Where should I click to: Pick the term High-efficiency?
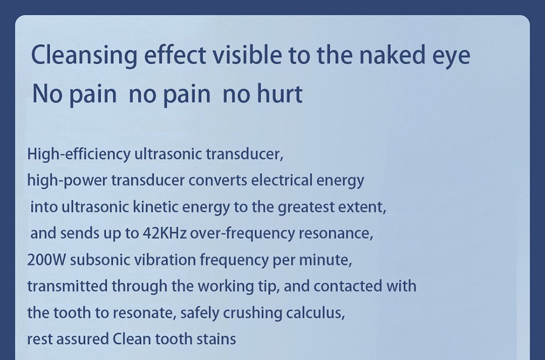77,155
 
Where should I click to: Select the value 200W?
47,260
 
